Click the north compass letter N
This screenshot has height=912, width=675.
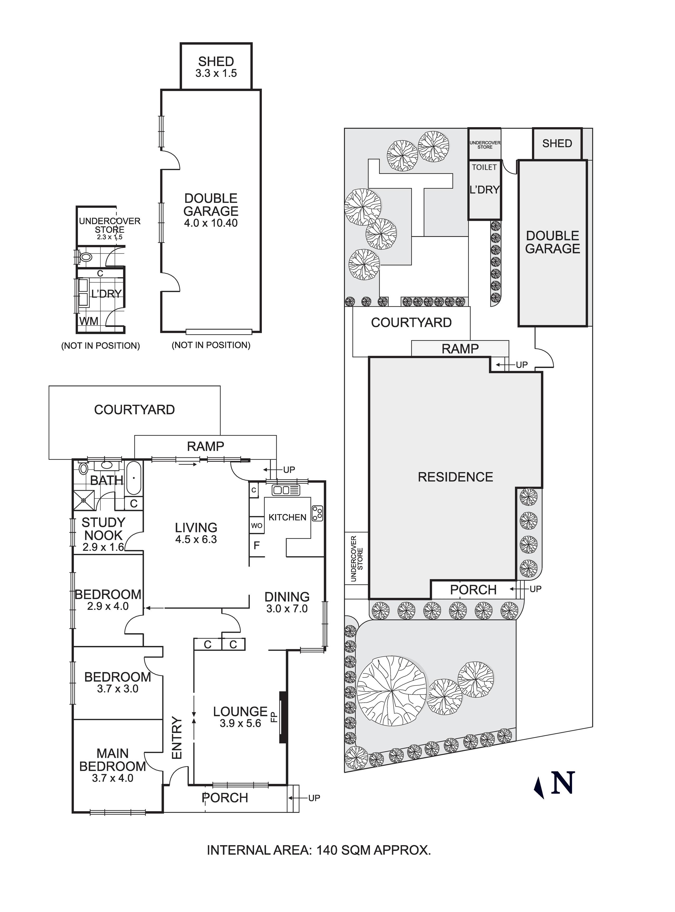pos(563,783)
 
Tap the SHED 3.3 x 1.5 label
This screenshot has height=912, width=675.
pos(216,67)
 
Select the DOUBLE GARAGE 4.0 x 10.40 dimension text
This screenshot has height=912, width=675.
pos(211,223)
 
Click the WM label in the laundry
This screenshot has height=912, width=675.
pos(89,321)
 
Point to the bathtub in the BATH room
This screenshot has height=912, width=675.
pos(134,478)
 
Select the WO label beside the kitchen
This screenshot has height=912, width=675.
pos(257,526)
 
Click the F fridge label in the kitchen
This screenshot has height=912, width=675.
pos(257,545)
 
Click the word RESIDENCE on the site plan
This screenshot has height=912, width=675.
pos(455,477)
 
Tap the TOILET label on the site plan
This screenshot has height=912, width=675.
pos(484,167)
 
